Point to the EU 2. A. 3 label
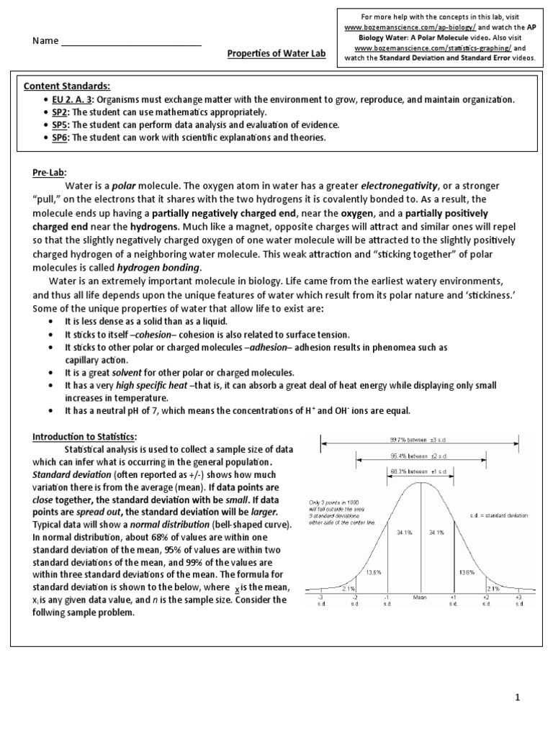pyautogui.click(x=67, y=100)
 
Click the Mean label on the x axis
pyautogui.click(x=420, y=597)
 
